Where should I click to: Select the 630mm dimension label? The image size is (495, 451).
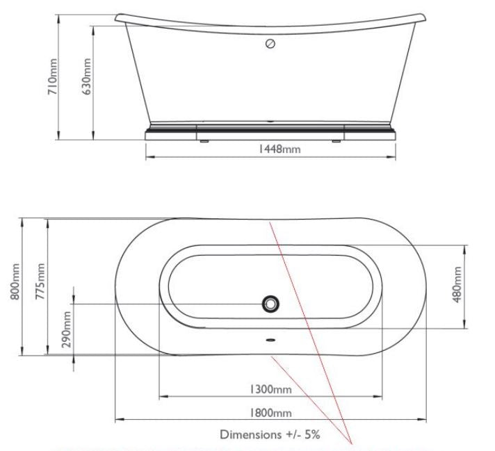pos(87,76)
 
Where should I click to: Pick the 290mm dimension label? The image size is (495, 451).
pos(67,331)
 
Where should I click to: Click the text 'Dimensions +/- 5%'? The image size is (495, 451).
pos(270,435)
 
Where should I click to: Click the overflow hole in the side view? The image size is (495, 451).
pos(271,44)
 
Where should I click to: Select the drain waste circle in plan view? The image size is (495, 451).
pos(270,304)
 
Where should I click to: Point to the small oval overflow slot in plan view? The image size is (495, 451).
pos(270,341)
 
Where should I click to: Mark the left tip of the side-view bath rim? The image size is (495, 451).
pos(115,17)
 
